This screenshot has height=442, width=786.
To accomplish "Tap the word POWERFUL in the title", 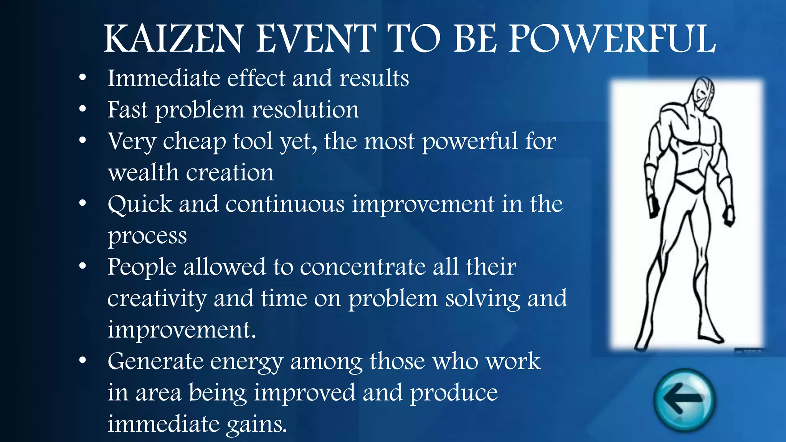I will coord(612,39).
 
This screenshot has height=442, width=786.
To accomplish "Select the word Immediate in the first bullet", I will coord(163,78).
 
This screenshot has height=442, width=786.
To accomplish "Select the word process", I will coord(147,236).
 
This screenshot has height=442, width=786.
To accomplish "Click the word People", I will coord(142,267).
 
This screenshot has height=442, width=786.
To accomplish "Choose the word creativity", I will coord(157,299).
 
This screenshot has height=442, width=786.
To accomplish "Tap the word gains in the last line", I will coord(256,425).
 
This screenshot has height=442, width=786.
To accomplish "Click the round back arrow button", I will coord(685,400).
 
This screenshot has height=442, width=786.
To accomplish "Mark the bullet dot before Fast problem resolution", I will coord(83,109).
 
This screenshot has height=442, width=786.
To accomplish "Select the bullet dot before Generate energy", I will coord(83,361).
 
